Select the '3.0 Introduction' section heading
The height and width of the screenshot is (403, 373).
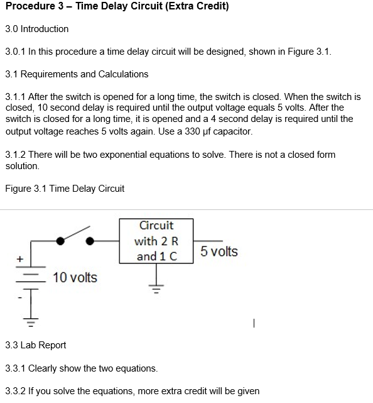coord(37,29)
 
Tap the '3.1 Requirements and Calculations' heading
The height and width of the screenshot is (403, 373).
coord(77,74)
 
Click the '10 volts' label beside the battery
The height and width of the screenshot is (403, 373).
coord(75,277)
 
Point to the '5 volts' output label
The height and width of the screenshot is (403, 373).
coord(219,251)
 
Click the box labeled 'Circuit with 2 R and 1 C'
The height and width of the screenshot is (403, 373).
coord(156,241)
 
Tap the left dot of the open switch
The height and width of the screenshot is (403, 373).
coord(60,240)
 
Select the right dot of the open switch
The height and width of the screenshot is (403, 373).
coord(90,240)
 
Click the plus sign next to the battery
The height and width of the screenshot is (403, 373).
coord(19,258)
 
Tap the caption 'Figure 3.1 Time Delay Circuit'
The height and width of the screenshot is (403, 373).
coord(65,188)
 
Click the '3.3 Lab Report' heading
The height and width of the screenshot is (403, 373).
coord(35,345)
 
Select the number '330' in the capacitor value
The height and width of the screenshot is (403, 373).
coord(186,131)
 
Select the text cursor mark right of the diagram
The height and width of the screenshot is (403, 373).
coord(252,324)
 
